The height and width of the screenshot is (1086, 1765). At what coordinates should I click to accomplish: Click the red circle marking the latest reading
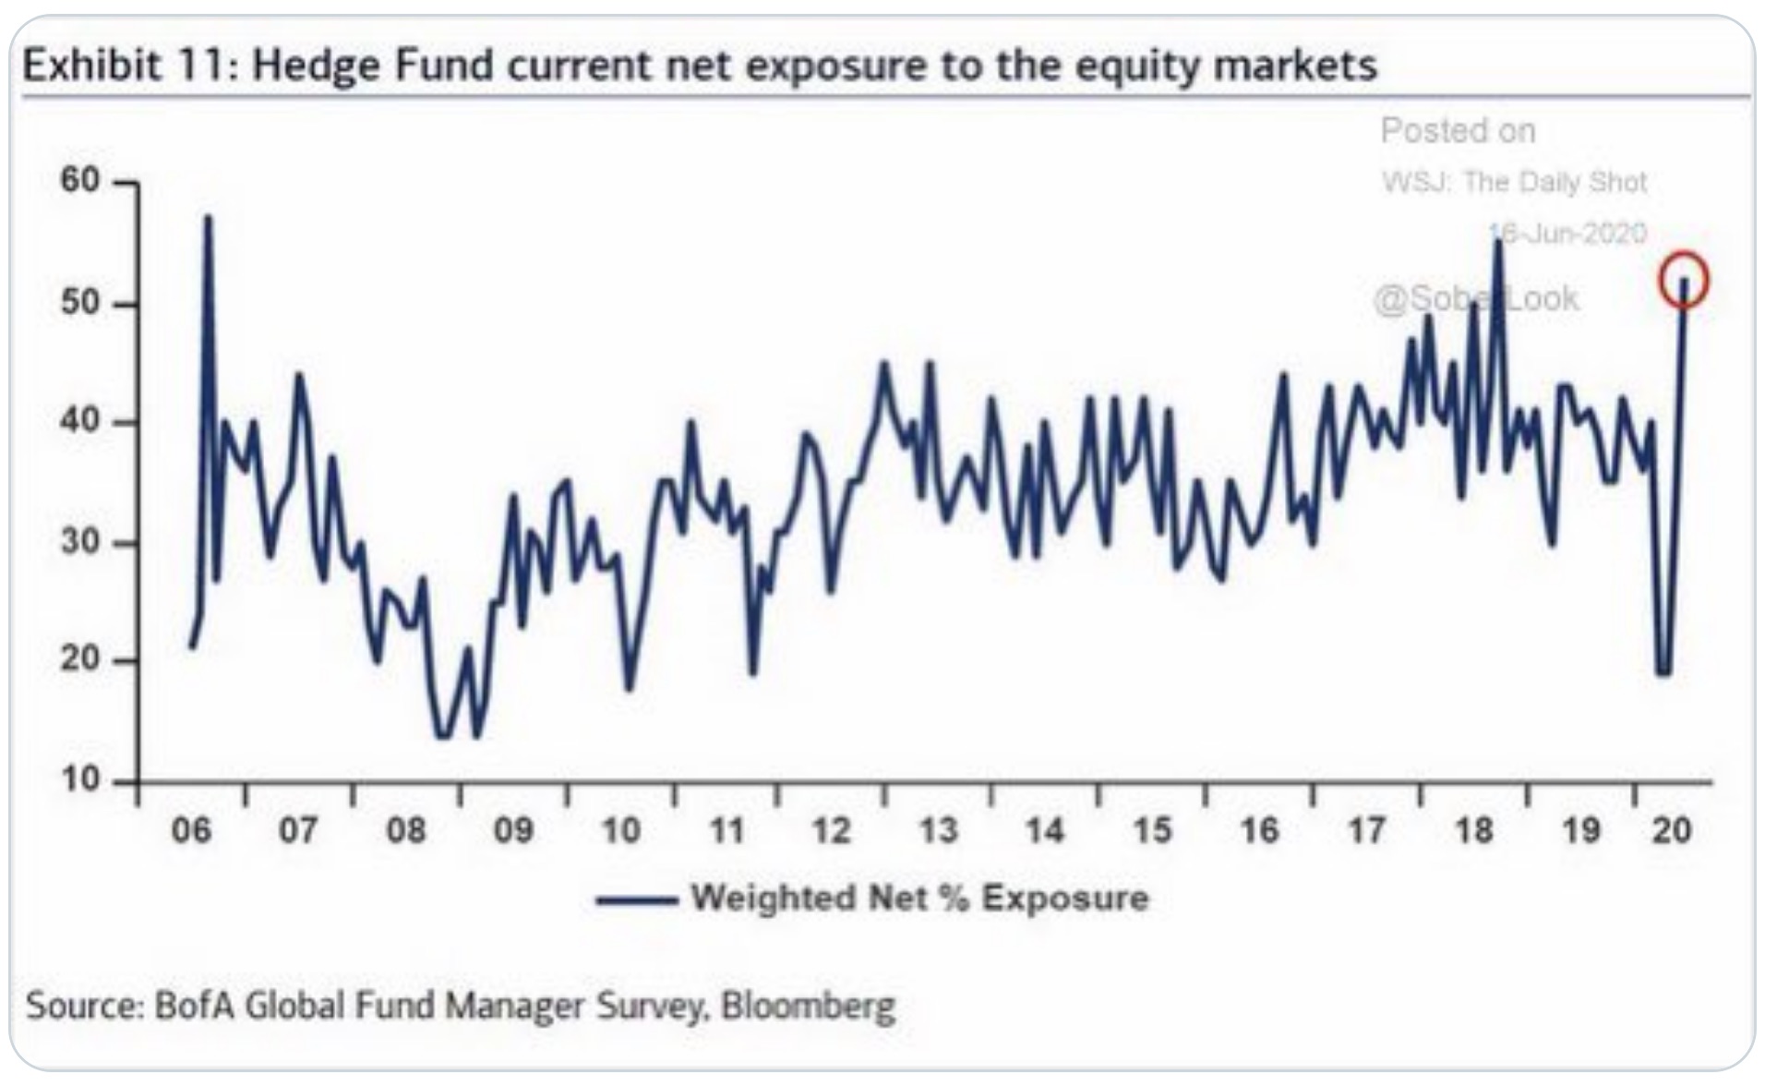1684,280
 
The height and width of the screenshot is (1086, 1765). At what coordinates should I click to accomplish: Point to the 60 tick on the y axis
81,180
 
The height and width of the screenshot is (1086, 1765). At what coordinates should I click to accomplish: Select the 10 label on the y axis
81,780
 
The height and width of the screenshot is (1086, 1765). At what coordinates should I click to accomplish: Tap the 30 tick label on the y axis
81,541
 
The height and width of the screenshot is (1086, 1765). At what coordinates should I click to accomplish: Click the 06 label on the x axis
191,830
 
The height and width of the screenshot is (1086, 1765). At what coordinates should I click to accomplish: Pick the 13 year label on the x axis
938,830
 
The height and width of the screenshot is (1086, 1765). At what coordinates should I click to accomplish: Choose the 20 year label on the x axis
1672,830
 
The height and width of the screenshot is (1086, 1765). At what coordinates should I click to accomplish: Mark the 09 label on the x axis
513,830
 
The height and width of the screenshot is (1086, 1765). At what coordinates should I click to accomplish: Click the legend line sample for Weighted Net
637,899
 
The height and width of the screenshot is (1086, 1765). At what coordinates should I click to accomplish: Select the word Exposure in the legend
1065,898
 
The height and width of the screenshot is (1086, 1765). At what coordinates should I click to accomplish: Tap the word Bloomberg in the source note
808,1005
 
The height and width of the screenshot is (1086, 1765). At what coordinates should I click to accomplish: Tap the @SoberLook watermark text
1476,298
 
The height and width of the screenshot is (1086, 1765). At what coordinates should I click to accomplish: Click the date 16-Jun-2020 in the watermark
1569,233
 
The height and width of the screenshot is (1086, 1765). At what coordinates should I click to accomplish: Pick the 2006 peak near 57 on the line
208,219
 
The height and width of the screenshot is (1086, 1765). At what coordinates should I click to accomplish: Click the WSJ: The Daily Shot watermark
1514,182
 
